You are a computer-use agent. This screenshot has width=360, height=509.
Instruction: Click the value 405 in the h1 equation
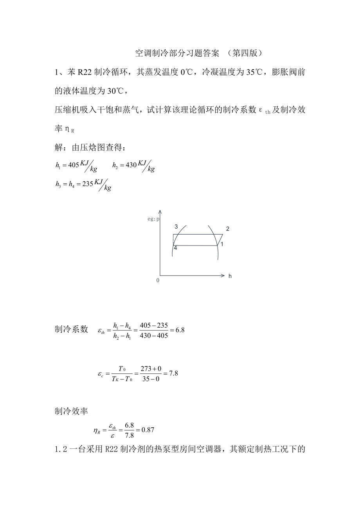tap(73, 165)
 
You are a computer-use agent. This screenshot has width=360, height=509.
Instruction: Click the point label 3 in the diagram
tap(176, 227)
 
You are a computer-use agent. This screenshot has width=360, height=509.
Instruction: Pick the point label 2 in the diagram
tap(227, 229)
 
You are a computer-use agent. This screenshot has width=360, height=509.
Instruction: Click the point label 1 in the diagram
tap(221, 244)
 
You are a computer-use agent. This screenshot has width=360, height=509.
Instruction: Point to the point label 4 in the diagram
tap(175, 248)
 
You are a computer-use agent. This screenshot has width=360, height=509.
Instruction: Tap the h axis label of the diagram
tap(230, 276)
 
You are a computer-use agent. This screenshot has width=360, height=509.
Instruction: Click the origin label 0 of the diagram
tap(158, 280)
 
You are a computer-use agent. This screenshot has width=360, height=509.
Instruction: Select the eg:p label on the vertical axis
tap(153, 219)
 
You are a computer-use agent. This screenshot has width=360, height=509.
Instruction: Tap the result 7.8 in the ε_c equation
tap(173, 373)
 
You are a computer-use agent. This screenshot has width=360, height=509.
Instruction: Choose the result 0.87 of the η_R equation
tap(148, 430)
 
